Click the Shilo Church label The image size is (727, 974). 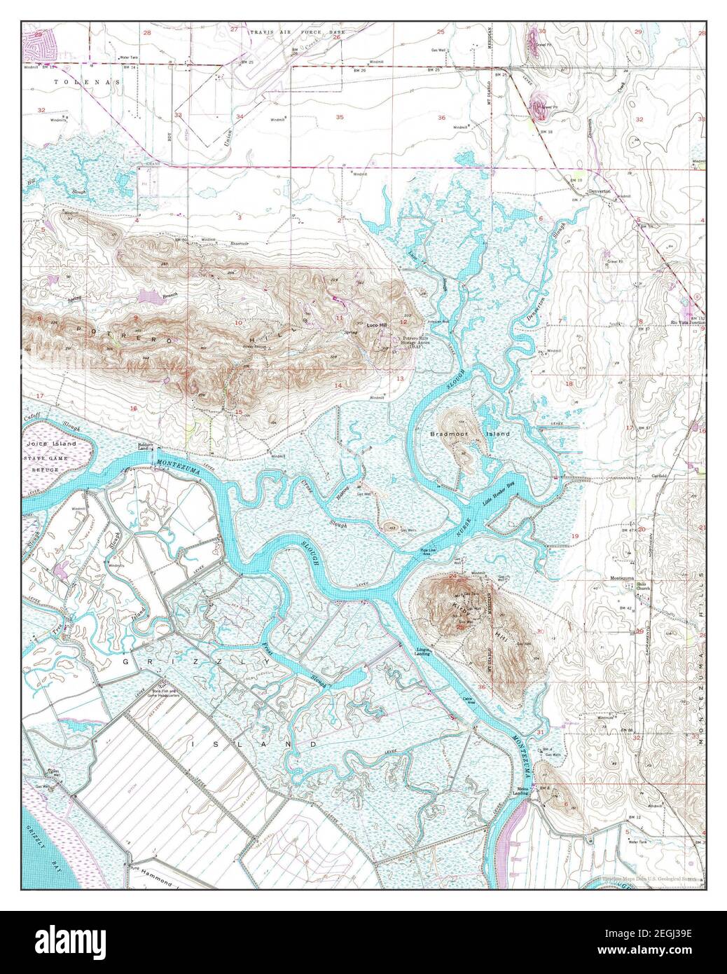click(643, 586)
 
